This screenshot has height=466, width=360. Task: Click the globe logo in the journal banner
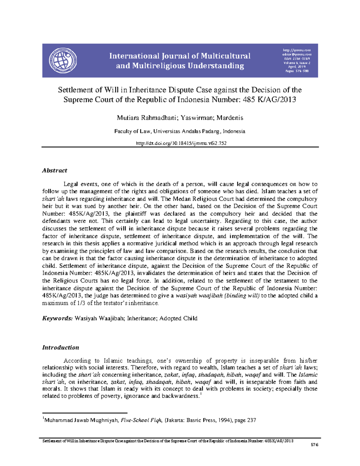click(63, 60)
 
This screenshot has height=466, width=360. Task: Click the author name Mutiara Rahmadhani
click(147, 118)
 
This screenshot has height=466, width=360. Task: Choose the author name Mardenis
click(230, 118)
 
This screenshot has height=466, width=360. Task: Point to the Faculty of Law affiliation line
click(180, 131)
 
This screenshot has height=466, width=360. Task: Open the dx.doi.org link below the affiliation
click(181, 143)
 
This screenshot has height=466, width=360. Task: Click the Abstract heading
click(55, 170)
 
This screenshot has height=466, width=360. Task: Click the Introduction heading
click(61, 347)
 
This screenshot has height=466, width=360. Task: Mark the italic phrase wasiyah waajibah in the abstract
click(199, 296)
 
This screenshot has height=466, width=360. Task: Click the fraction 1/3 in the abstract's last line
click(81, 303)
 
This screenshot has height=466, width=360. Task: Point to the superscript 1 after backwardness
click(201, 395)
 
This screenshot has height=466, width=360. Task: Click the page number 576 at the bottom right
click(314, 445)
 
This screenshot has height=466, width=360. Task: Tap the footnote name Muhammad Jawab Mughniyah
click(81, 420)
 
